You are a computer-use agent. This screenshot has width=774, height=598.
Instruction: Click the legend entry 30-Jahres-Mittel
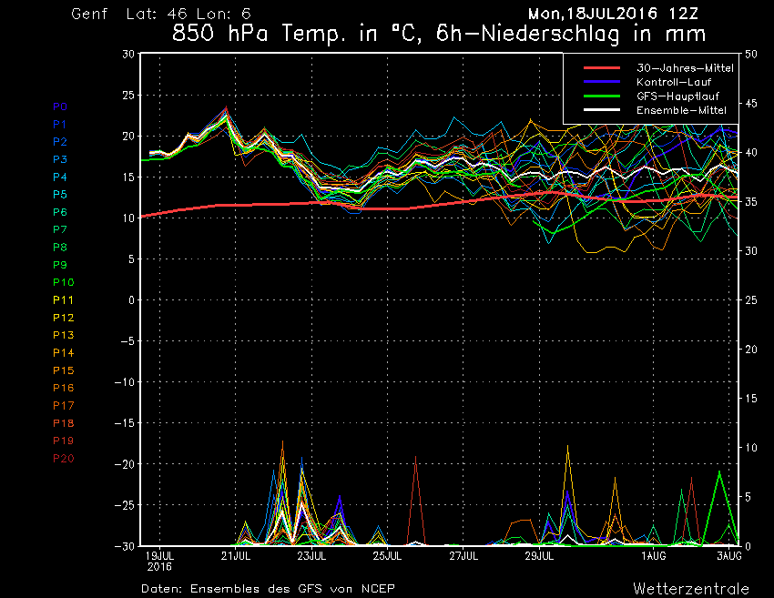pos(672,68)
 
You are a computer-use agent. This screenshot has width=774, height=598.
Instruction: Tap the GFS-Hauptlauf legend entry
pos(669,96)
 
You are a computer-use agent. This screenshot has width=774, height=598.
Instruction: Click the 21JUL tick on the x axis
pos(236,555)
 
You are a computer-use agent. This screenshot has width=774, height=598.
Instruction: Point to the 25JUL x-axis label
pos(388,555)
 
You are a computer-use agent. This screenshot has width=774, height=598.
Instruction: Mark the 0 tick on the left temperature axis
pos(131,300)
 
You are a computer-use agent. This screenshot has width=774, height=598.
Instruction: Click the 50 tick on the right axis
pos(751,54)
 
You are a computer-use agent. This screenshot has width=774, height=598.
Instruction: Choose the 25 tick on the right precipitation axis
pos(751,300)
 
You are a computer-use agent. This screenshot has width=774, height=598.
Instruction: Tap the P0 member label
pos(60,106)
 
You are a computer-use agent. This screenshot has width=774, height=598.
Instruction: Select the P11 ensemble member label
pos(63,299)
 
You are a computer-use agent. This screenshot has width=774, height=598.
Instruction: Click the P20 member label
pos(63,458)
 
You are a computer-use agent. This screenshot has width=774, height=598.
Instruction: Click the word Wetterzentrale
pos(691,588)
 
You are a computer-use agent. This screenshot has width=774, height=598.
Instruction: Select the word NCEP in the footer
pos(376,588)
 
